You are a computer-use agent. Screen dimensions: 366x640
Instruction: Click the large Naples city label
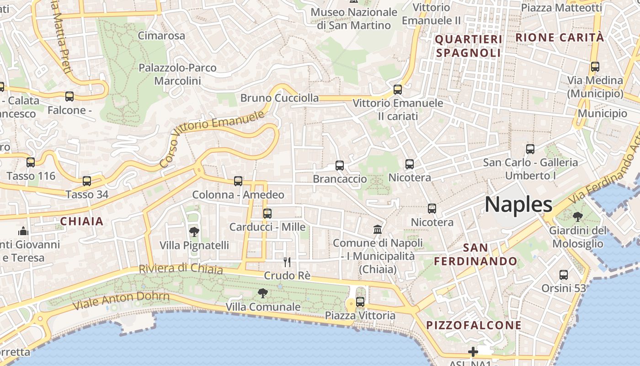518,205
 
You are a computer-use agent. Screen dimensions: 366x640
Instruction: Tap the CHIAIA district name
82,222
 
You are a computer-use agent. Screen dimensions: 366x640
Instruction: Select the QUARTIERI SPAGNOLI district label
469,46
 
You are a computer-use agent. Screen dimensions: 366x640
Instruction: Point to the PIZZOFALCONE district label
474,325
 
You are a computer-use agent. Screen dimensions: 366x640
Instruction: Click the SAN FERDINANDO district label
475,254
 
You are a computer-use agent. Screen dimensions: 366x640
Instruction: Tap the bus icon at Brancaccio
339,166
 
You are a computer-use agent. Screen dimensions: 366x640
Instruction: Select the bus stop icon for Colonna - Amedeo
238,181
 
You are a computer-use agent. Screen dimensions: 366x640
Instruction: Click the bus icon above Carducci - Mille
267,214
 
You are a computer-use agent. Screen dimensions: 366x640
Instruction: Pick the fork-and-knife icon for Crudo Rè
287,262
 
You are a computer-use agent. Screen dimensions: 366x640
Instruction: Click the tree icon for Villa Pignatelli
194,231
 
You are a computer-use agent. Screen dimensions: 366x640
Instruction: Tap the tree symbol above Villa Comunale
262,293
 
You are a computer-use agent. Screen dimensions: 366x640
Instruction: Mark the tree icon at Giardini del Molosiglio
577,216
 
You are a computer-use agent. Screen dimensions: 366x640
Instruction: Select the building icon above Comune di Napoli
378,229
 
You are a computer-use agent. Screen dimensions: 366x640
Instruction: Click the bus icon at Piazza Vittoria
360,301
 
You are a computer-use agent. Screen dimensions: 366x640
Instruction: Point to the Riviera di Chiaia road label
181,269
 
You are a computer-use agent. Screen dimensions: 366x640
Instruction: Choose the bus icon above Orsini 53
564,275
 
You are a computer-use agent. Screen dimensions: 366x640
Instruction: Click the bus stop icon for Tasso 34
87,181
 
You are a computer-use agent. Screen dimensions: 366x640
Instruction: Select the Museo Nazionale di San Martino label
354,18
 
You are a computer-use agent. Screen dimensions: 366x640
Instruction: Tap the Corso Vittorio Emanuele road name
212,139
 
